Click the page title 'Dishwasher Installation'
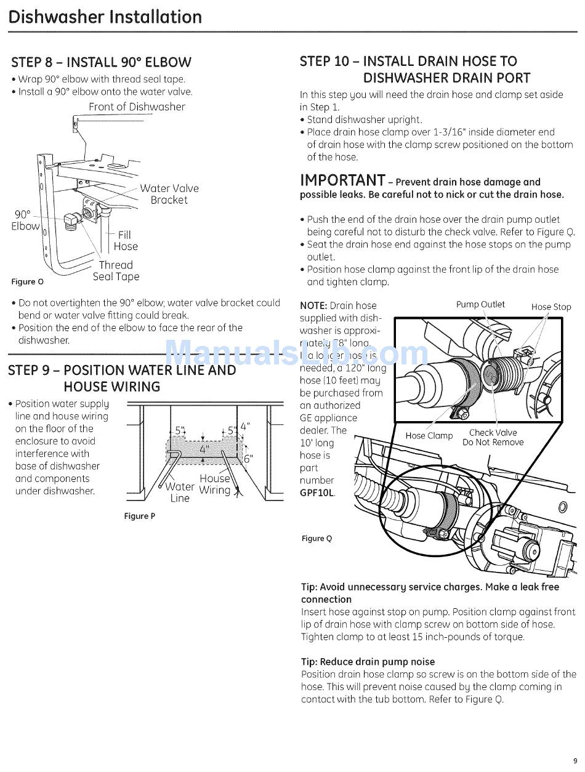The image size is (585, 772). pyautogui.click(x=105, y=17)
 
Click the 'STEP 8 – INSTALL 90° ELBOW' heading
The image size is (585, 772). pyautogui.click(x=101, y=62)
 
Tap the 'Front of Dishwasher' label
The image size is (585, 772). pyautogui.click(x=137, y=107)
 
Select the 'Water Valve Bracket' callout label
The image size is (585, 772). pyautogui.click(x=169, y=194)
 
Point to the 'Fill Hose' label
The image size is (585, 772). pyautogui.click(x=126, y=241)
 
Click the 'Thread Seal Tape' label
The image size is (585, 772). pyautogui.click(x=116, y=271)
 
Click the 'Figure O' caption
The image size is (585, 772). pyautogui.click(x=28, y=282)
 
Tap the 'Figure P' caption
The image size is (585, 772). pyautogui.click(x=140, y=516)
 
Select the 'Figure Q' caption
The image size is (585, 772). pyautogui.click(x=317, y=539)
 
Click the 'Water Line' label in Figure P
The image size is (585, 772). pyautogui.click(x=180, y=493)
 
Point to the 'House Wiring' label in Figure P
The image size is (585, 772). pyautogui.click(x=214, y=485)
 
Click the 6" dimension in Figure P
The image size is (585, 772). pyautogui.click(x=248, y=459)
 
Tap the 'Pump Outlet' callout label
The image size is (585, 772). pyautogui.click(x=480, y=304)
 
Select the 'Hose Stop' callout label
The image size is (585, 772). pyautogui.click(x=551, y=307)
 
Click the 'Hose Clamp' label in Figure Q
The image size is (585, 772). pyautogui.click(x=429, y=436)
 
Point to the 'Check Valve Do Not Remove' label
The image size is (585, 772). pyautogui.click(x=493, y=437)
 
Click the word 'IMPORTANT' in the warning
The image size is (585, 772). pyautogui.click(x=342, y=180)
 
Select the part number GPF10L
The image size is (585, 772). pyautogui.click(x=318, y=493)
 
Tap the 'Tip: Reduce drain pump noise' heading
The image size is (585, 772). pyautogui.click(x=368, y=662)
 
